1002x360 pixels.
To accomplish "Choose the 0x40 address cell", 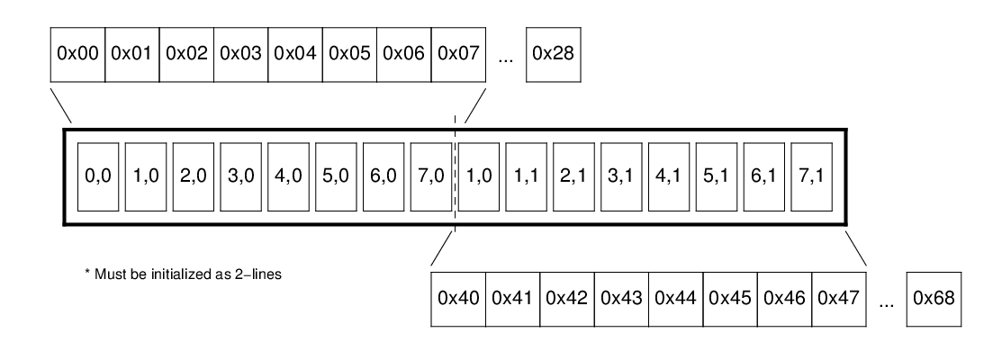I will click(458, 298).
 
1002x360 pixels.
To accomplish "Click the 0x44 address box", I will click(676, 298).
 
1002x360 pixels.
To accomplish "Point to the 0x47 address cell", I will click(839, 298).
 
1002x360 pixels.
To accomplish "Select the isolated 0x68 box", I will click(934, 298).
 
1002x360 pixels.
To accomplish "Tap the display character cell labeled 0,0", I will click(97, 177).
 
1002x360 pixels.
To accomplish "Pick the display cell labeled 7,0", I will click(429, 177).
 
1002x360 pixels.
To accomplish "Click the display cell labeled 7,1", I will click(809, 177).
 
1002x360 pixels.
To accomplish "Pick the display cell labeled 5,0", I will click(335, 177).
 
